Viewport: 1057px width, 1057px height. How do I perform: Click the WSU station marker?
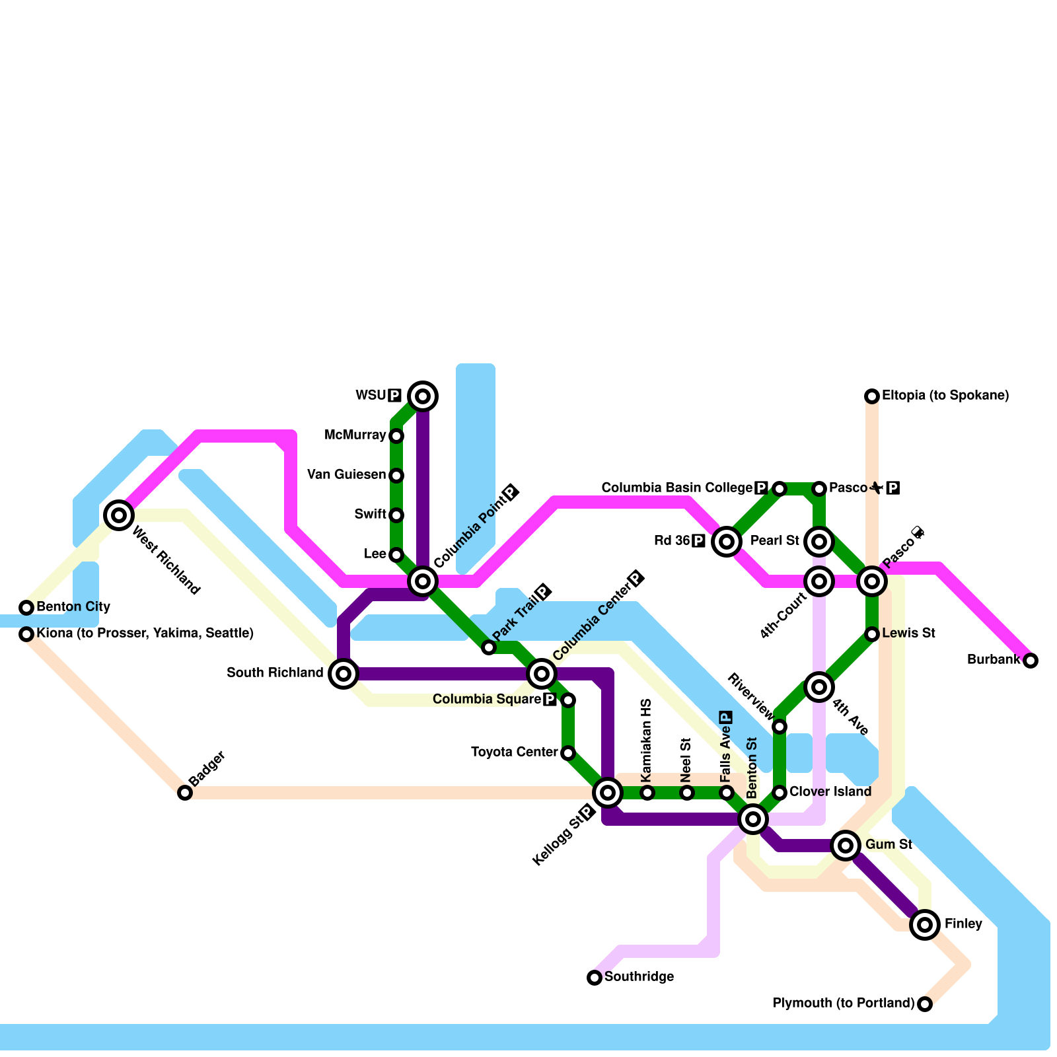[423, 396]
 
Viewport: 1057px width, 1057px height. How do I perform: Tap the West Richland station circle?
[119, 515]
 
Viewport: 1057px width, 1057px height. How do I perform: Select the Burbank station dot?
[1031, 661]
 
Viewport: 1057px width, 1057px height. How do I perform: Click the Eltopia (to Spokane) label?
[945, 396]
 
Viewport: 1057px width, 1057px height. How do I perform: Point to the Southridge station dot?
[595, 978]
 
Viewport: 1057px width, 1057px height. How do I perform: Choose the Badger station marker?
[185, 793]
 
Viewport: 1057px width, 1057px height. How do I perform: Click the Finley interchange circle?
[925, 925]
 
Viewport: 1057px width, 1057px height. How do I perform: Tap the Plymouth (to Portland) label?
[844, 1003]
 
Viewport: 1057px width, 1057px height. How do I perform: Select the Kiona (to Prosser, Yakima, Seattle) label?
[145, 634]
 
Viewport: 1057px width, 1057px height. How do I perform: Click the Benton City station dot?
[26, 608]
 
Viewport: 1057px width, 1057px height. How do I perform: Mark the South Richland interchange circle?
[344, 674]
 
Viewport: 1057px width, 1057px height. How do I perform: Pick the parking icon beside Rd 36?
[699, 542]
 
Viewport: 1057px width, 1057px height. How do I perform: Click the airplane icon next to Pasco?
[876, 488]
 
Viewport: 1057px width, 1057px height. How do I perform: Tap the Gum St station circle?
[846, 846]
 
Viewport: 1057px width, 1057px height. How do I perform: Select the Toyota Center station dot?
[568, 753]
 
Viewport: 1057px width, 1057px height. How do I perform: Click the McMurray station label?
[355, 435]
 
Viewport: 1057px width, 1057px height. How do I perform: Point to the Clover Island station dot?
[780, 793]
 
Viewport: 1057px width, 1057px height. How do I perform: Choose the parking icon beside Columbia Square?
[550, 700]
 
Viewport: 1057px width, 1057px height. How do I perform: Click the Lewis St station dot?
[872, 634]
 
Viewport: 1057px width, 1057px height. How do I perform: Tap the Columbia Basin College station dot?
[780, 489]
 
